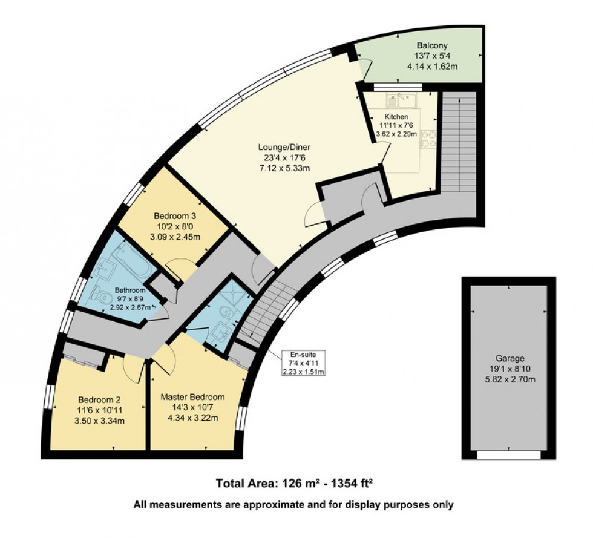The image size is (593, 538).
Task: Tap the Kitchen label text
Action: (396, 117)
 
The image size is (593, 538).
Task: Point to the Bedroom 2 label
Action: (99, 399)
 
